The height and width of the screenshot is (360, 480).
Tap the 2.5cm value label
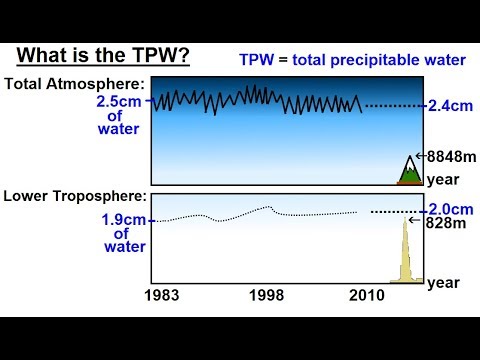click(x=122, y=101)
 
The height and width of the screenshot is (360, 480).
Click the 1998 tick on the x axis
click(x=266, y=296)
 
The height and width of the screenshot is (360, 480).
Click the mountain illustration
click(x=408, y=171)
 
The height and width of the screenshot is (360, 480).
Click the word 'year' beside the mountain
click(x=443, y=180)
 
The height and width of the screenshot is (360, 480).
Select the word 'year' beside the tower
click(x=443, y=283)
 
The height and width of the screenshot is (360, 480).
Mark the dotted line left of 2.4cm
click(x=394, y=105)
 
